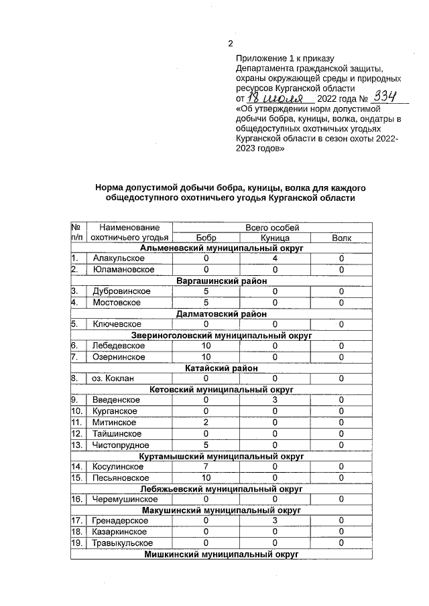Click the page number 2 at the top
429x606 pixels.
tap(231, 44)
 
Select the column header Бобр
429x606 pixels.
tap(206, 238)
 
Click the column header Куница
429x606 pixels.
tap(275, 238)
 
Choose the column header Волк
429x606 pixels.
tap(341, 238)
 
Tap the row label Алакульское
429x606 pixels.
tap(119, 258)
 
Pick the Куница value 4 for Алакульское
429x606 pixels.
tap(275, 258)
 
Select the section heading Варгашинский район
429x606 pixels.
tap(222, 281)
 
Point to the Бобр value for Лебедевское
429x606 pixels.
tap(206, 346)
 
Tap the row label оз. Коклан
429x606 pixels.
tap(113, 378)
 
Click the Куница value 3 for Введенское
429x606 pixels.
tap(275, 400)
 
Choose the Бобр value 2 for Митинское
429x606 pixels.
tap(206, 423)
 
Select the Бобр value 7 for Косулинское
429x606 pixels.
tap(206, 466)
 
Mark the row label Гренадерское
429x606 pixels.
tap(121, 521)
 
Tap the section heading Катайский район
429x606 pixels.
tap(222, 368)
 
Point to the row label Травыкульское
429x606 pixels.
tap(123, 543)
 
